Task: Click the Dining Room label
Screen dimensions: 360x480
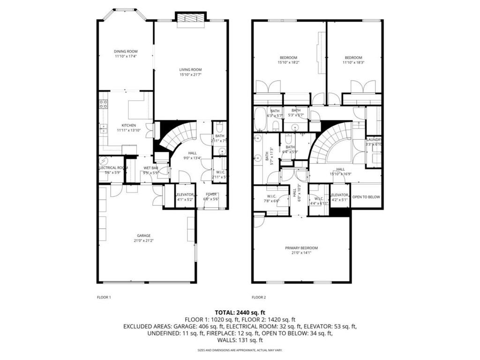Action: click(x=126, y=52)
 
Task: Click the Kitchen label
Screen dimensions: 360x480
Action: click(x=129, y=125)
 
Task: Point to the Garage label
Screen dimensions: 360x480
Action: click(x=143, y=236)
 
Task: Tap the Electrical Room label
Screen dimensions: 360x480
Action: click(x=113, y=168)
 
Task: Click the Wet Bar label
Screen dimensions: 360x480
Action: click(x=150, y=168)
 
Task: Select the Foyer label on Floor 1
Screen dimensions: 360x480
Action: click(x=211, y=194)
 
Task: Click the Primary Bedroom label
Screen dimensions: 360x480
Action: click(x=301, y=248)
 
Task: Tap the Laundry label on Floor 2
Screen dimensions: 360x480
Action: click(x=374, y=140)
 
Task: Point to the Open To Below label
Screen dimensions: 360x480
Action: click(x=366, y=197)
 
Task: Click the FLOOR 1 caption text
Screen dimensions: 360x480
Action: click(x=104, y=297)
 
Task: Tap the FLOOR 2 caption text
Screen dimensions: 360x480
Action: click(x=259, y=297)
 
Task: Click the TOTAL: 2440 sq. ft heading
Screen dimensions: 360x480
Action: click(x=240, y=312)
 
